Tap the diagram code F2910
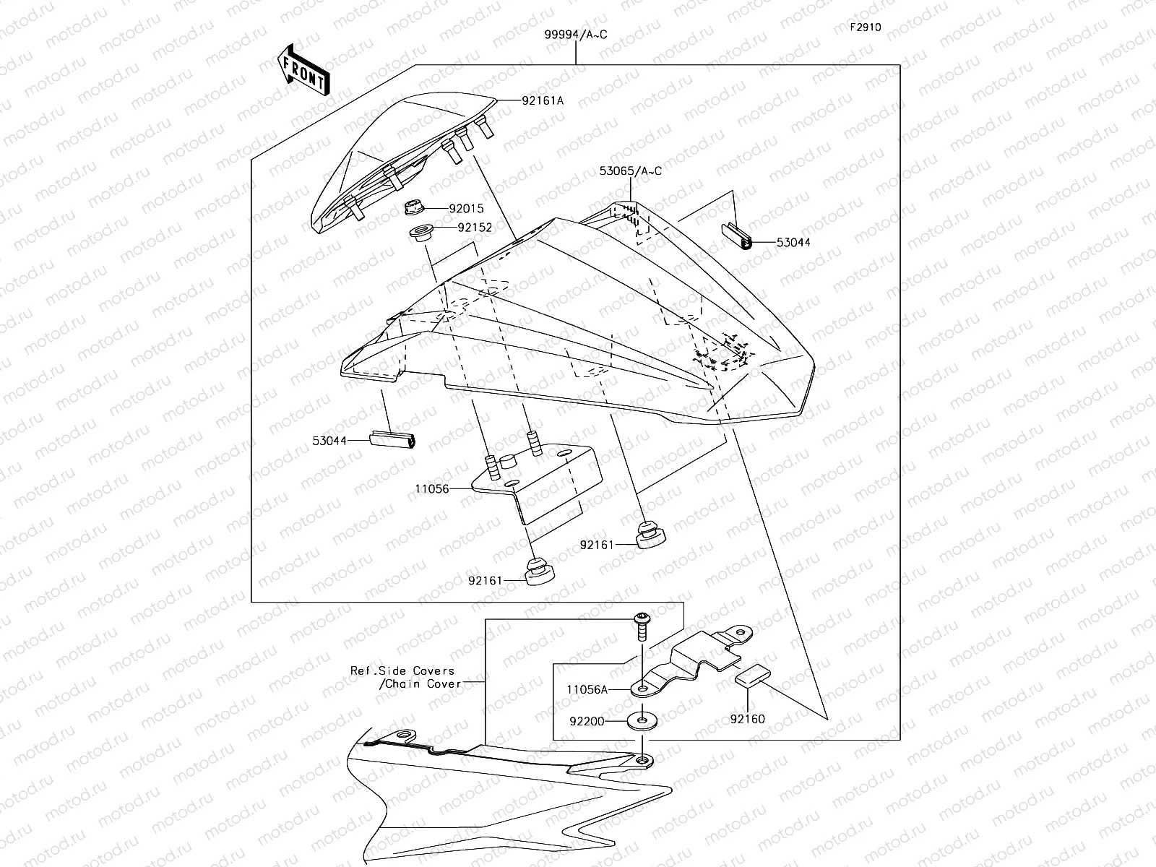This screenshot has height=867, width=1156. pos(865,28)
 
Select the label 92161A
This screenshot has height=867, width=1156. pos(542,101)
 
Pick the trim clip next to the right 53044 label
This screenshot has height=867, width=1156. pos(737,236)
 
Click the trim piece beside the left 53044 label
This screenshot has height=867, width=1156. pos(393,439)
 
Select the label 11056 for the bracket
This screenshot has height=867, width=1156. pos(431,489)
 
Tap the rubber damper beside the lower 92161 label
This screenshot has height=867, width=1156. pos(538,573)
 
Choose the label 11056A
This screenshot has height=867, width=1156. pos(587,690)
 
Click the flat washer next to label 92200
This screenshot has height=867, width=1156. pos(641,720)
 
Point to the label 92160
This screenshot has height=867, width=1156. pos(747,719)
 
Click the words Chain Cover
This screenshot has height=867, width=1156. pos(421,683)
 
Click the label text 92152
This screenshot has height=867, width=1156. pos(474,227)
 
